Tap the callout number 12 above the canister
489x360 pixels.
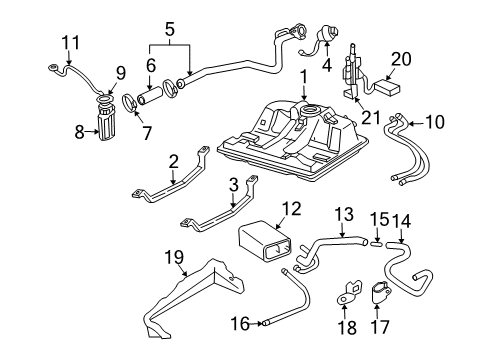pyautogui.click(x=290, y=208)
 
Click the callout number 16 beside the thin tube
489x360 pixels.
pyautogui.click(x=237, y=322)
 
